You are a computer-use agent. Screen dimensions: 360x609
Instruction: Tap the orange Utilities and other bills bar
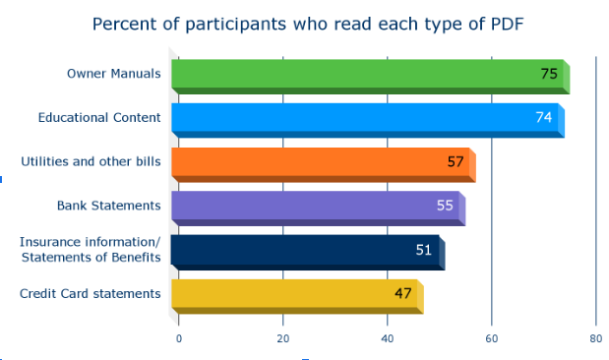click(315, 162)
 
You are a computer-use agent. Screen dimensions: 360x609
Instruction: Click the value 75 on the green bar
click(549, 74)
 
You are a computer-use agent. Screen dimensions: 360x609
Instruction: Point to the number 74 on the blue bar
click(543, 117)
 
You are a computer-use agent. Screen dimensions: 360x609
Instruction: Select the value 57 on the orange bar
click(456, 161)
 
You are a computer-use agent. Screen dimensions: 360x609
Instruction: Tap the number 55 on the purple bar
click(445, 206)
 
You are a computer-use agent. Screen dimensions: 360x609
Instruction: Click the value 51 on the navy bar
click(424, 250)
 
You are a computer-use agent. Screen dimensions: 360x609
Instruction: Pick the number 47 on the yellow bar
click(403, 293)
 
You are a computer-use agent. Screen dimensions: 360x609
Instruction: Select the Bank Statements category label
click(108, 206)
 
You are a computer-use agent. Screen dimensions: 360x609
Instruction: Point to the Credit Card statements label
click(90, 293)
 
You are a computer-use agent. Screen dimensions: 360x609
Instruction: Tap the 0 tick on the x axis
click(178, 338)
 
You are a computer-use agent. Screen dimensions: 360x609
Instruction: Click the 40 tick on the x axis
click(388, 338)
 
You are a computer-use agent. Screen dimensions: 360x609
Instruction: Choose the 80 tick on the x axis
click(595, 338)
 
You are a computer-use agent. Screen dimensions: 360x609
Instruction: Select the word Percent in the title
click(125, 23)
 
